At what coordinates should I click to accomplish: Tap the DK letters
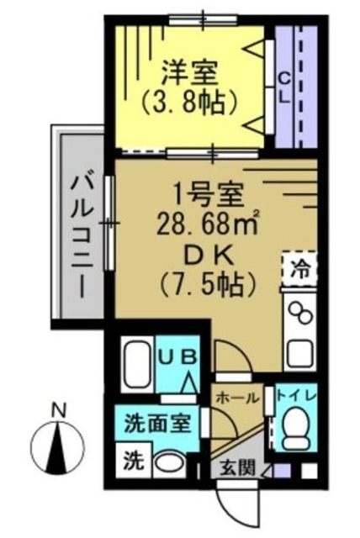[205, 255]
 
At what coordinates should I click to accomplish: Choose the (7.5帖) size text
[206, 286]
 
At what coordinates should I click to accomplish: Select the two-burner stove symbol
[299, 314]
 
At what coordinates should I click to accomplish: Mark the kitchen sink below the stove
[300, 351]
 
